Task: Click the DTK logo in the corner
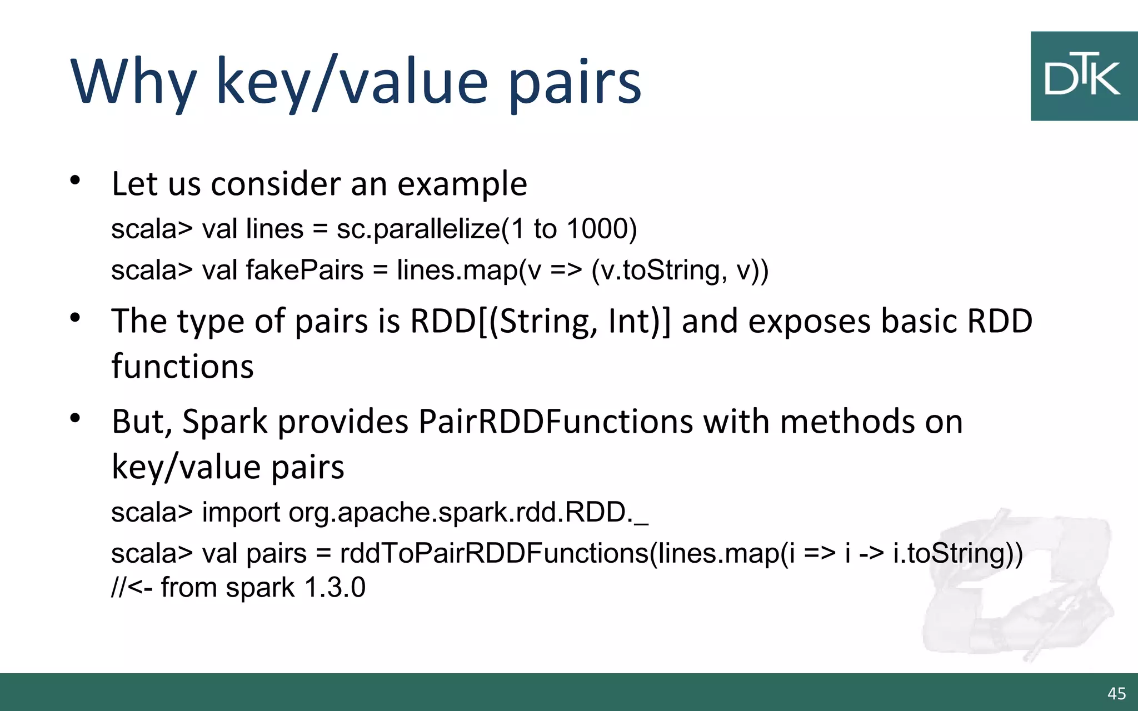click(1084, 76)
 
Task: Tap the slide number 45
click(1116, 693)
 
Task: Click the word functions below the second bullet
click(182, 367)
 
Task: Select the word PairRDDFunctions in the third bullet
click(556, 422)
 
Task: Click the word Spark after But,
click(225, 422)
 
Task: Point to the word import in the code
click(241, 512)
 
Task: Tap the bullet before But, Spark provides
click(76, 418)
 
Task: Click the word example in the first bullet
click(462, 184)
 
